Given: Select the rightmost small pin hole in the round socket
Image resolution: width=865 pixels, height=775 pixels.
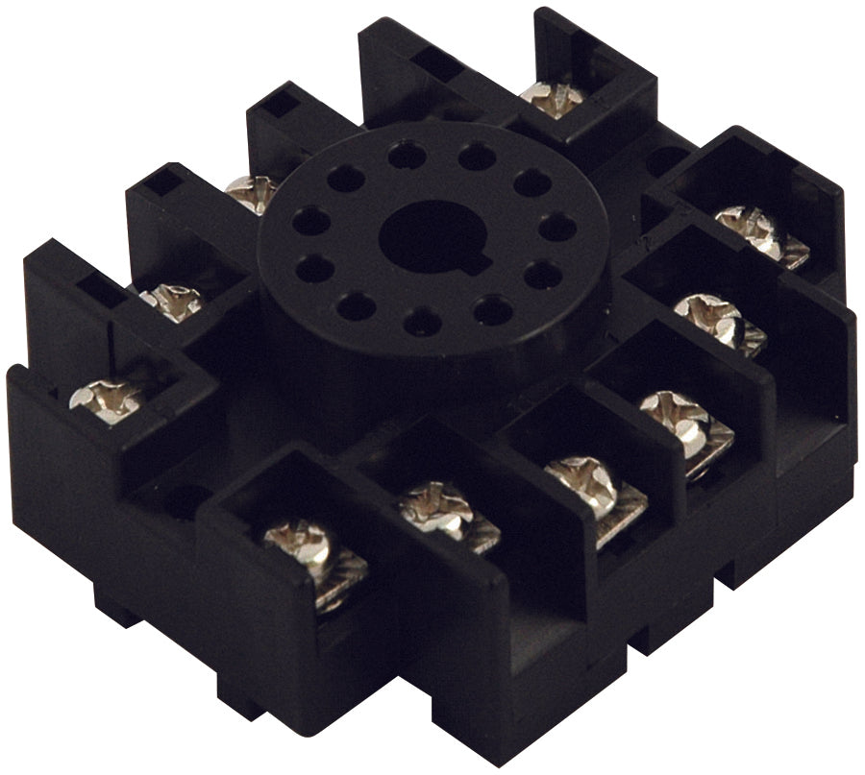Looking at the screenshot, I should [556, 228].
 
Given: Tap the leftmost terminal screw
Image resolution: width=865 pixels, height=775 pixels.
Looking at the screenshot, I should [104, 400].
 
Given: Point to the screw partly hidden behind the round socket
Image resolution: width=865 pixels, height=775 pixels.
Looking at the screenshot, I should [252, 193].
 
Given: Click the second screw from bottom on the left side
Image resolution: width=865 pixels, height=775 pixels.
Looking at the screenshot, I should [171, 301].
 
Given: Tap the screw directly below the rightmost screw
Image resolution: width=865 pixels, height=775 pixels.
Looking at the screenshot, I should [709, 316].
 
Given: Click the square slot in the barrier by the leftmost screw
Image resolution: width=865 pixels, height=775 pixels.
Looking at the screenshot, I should [100, 284].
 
